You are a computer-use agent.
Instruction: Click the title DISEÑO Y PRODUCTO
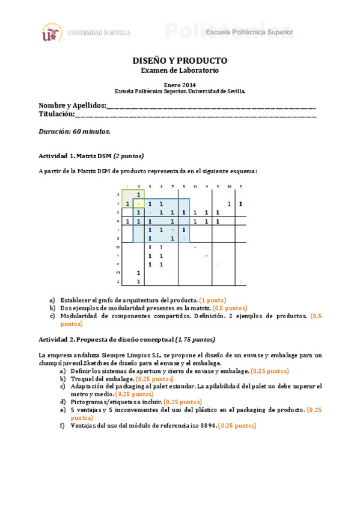[x=180, y=61]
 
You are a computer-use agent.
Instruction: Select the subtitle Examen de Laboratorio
[x=180, y=70]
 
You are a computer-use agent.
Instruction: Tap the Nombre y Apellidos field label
[x=72, y=105]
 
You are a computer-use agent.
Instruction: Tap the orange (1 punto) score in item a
[x=213, y=300]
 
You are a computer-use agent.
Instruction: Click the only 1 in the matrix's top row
[x=139, y=195]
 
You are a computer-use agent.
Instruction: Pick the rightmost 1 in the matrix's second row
[x=240, y=203]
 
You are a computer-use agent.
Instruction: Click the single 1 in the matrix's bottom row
[x=139, y=281]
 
